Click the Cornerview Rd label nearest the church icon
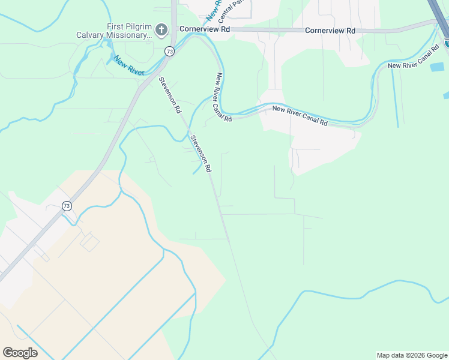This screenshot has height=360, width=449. (x=205, y=29)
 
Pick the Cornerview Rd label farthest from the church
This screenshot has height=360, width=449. (x=330, y=30)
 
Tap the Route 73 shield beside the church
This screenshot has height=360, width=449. (x=170, y=52)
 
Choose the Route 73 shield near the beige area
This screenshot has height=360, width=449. (x=66, y=206)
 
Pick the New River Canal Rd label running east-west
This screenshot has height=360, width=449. (x=300, y=116)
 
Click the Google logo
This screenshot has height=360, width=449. (x=20, y=353)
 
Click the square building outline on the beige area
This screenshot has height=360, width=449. (x=90, y=242)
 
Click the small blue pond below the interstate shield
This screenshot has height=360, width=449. (x=446, y=95)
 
